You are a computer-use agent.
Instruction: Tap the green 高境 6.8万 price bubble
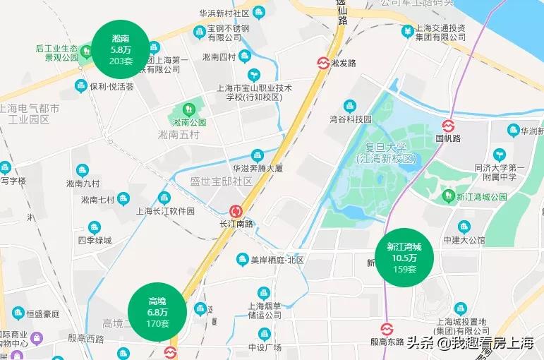coord(157,311)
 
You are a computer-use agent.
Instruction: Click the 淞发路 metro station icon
coord(322,63)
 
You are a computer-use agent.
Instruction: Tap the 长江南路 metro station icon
coord(236,211)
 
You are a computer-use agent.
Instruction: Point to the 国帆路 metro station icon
coord(447,126)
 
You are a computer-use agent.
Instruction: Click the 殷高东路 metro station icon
coord(386,330)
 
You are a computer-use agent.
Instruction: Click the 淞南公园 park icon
coord(188,109)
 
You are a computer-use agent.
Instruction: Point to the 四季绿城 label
coord(95,240)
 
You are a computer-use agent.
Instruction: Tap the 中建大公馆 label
coord(463,239)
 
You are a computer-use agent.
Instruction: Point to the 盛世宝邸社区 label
coord(221,181)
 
